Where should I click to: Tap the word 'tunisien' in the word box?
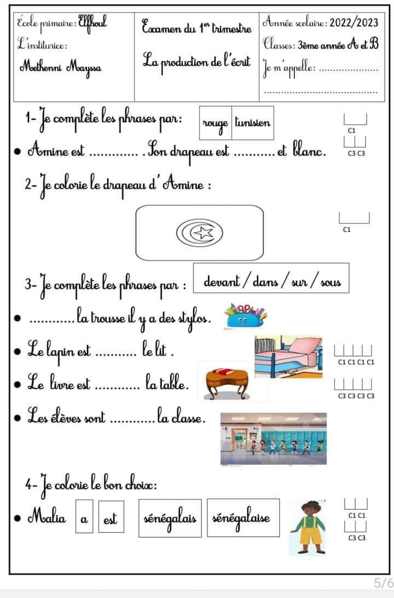(252, 123)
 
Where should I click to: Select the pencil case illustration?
(245, 316)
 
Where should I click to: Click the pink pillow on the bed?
(306, 346)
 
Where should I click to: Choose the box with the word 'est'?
(111, 516)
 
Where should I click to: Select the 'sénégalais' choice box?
(170, 518)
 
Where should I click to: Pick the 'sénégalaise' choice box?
(244, 518)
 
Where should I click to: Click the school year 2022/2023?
(354, 23)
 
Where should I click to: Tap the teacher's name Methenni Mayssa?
(61, 68)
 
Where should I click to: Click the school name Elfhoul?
(92, 22)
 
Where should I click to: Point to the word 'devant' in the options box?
(222, 281)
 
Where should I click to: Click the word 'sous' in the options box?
(331, 283)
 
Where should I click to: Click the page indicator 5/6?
(383, 583)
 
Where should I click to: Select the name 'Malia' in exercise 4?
(47, 518)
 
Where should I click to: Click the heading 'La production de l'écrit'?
(196, 62)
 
